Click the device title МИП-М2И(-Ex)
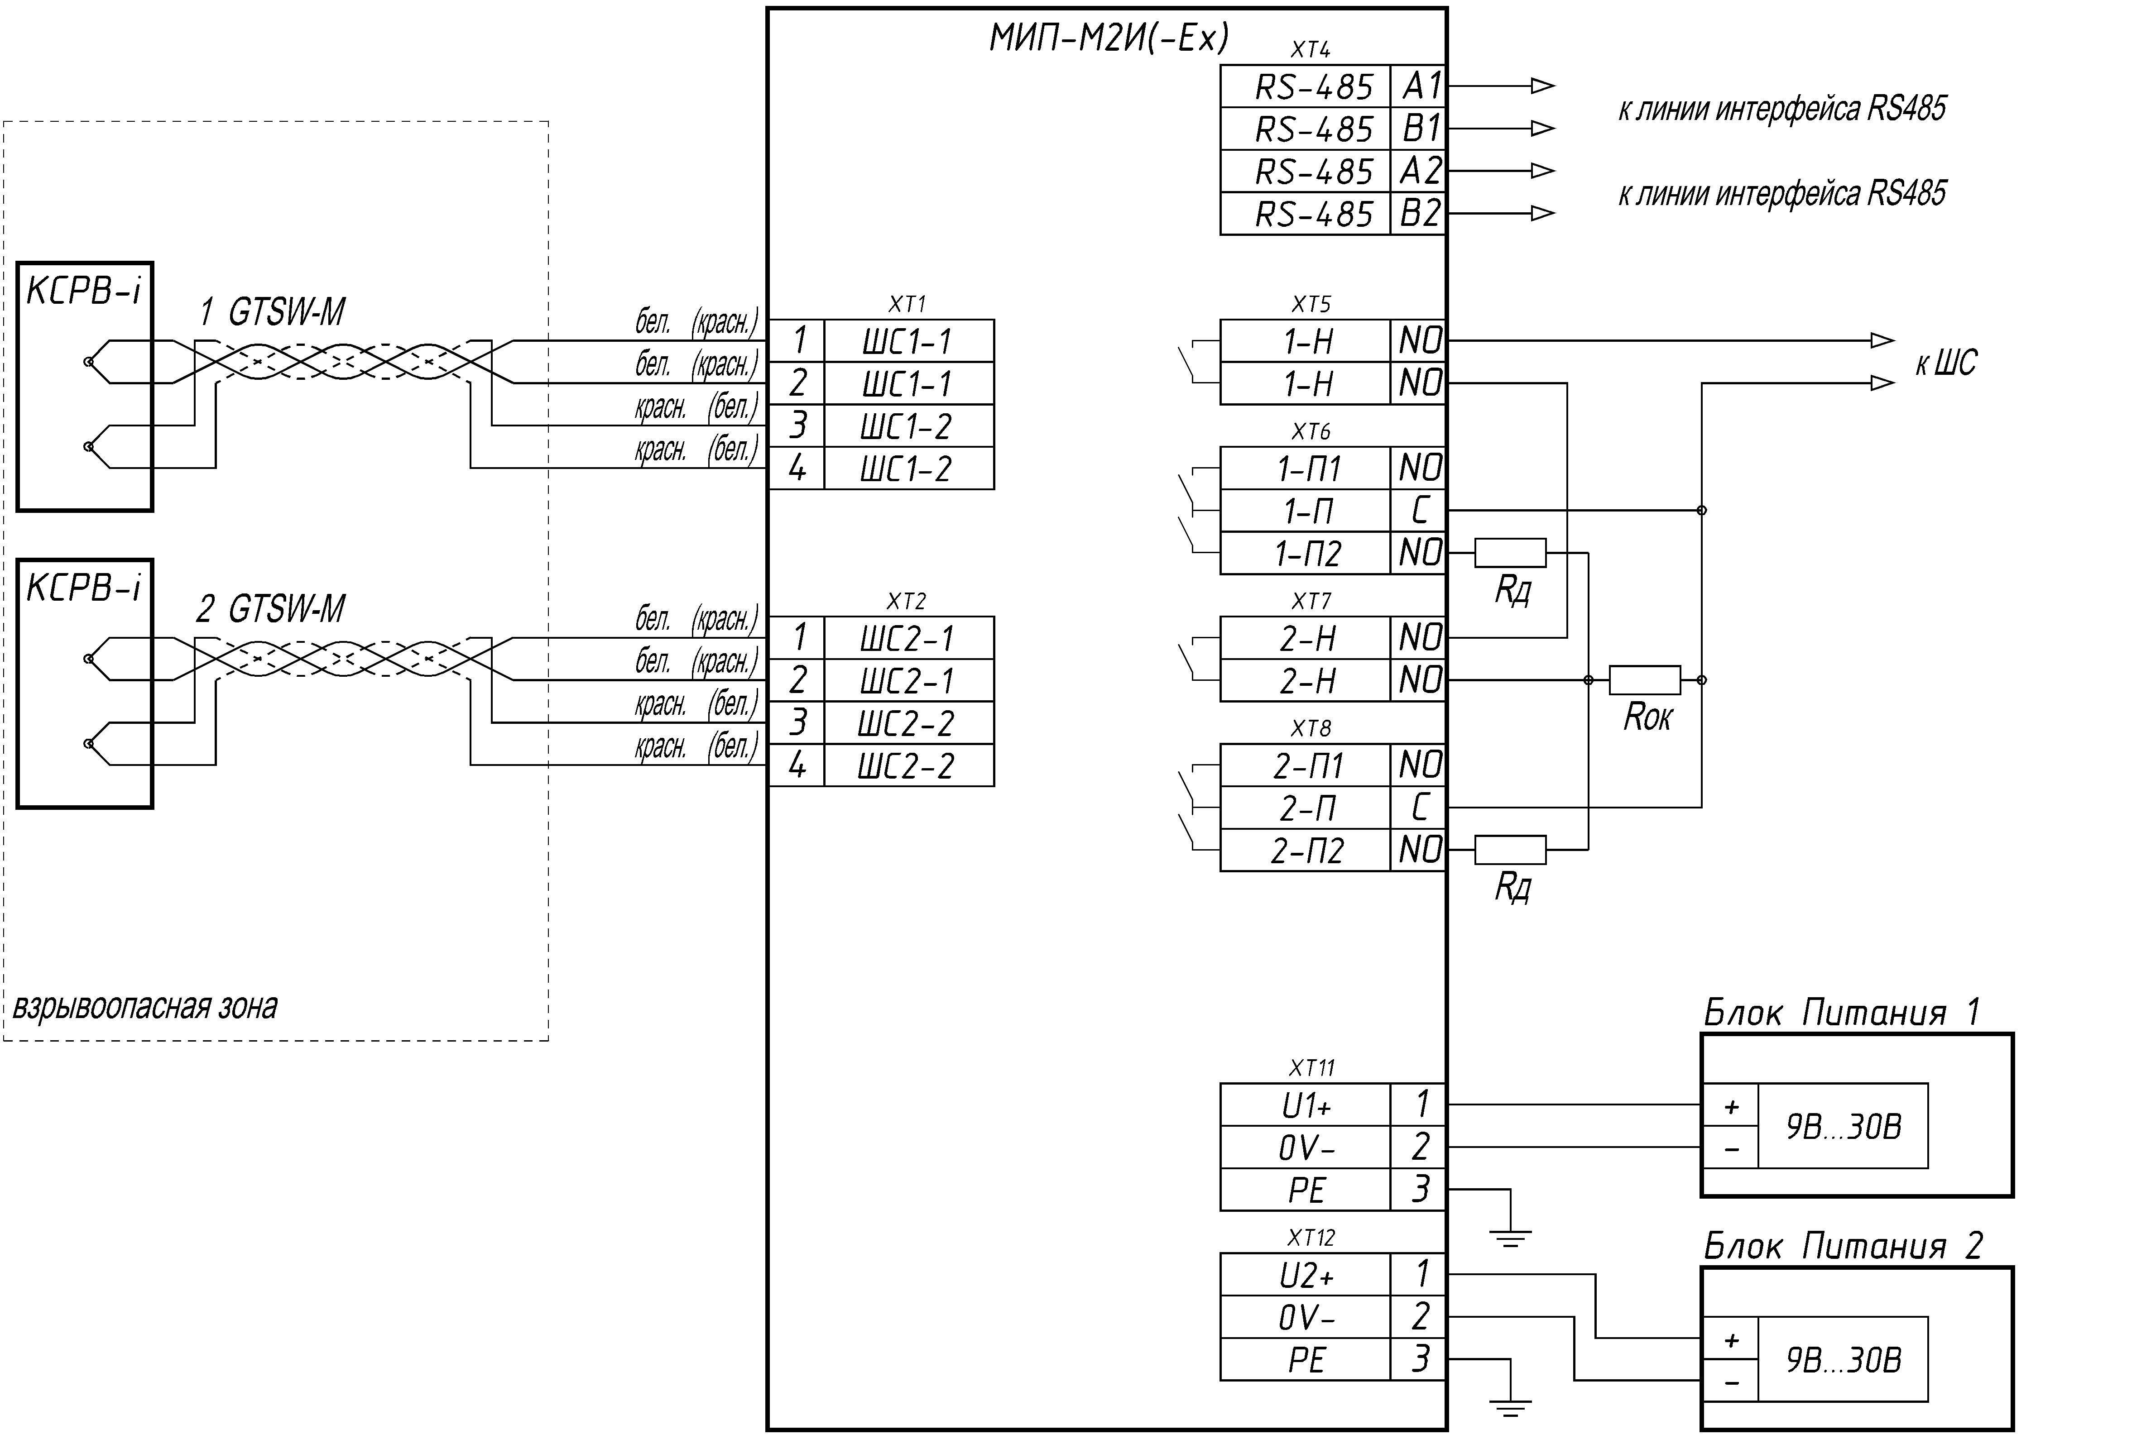tap(1109, 38)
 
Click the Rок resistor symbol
tap(1644, 679)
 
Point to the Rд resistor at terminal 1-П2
tap(1510, 553)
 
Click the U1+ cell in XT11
tap(1306, 1104)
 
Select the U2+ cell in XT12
tap(1306, 1275)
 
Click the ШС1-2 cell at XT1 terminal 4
tap(908, 469)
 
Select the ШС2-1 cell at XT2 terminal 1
tap(908, 638)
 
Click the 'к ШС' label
tap(1945, 363)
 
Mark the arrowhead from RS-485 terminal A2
tap(1543, 170)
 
